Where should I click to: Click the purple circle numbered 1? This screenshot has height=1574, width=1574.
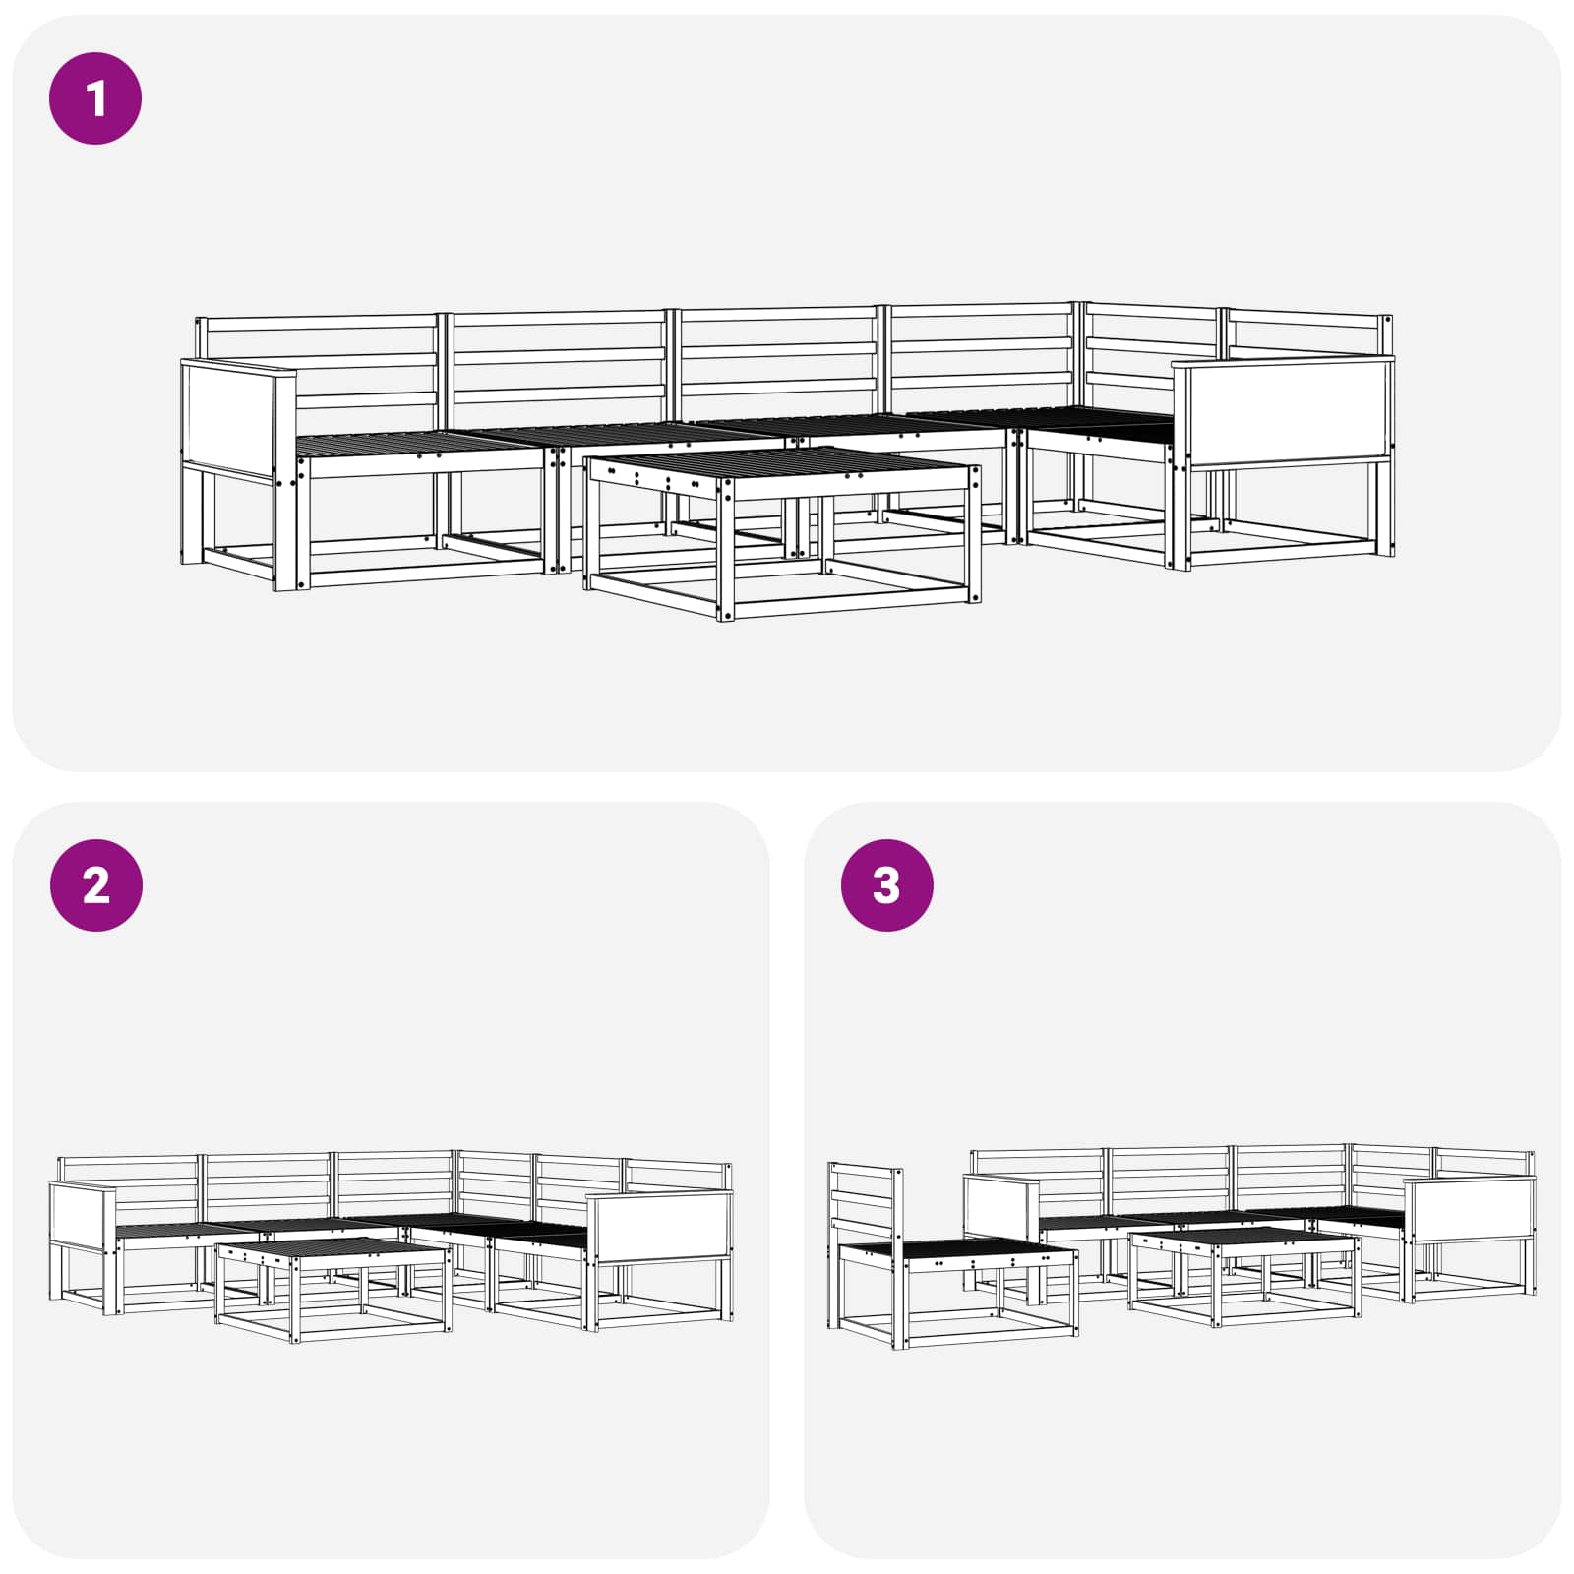95,98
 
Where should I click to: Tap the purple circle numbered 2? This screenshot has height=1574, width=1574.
95,885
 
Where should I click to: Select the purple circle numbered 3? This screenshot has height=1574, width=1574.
886,885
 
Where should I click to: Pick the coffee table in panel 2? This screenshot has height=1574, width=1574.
333,1289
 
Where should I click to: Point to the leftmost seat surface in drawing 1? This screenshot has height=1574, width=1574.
420,445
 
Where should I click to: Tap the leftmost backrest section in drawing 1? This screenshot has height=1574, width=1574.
317,364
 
